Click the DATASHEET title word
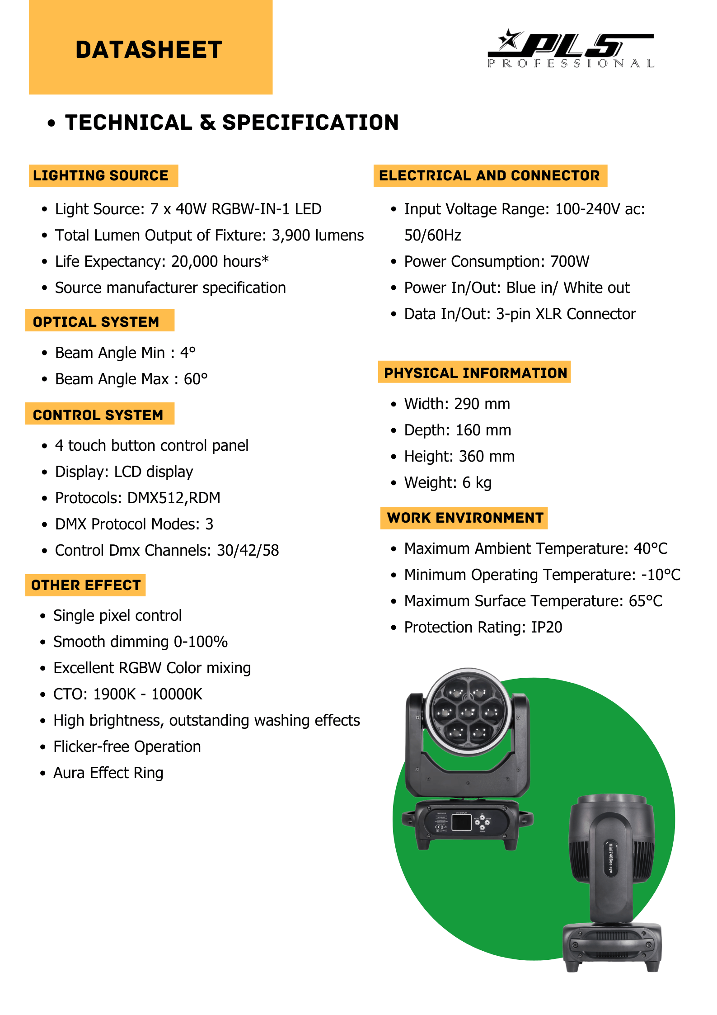pos(149,50)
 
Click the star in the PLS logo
pos(510,40)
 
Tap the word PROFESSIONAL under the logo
pos(571,64)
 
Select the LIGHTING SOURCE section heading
pos(101,175)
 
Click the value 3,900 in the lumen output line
pos(291,236)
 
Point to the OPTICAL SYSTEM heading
pos(96,322)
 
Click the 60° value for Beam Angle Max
pos(196,379)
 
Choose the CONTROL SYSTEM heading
pos(98,415)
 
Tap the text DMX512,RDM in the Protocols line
pos(174,498)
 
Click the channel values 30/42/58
pos(248,550)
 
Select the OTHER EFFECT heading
pos(86,585)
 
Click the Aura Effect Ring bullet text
pos(108,773)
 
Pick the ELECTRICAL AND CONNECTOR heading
pos(489,175)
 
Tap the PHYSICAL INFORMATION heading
pos(475,373)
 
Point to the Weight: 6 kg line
pos(448,482)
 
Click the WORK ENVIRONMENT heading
pos(465,518)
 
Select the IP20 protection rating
pos(547,627)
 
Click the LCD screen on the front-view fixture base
pos(461,822)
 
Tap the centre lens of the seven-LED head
pos(468,713)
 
